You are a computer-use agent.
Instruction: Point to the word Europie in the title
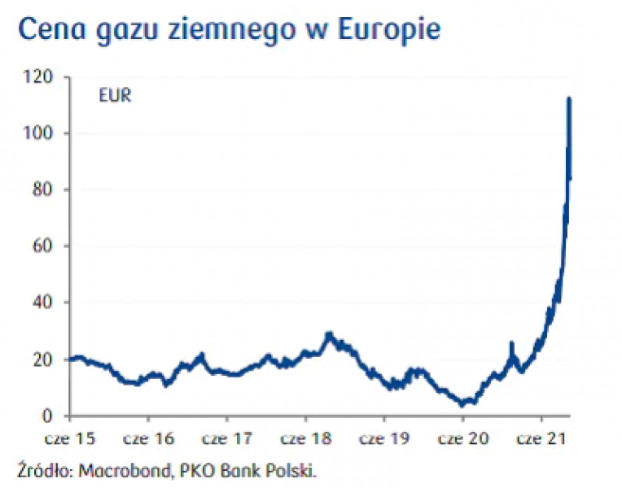coord(390,31)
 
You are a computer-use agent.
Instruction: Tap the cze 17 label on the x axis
coord(227,438)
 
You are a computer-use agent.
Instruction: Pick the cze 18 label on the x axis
coord(306,438)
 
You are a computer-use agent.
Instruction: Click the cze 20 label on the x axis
coord(463,438)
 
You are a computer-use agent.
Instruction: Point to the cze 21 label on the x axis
coord(542,438)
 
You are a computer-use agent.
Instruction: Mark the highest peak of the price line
coord(569,99)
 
